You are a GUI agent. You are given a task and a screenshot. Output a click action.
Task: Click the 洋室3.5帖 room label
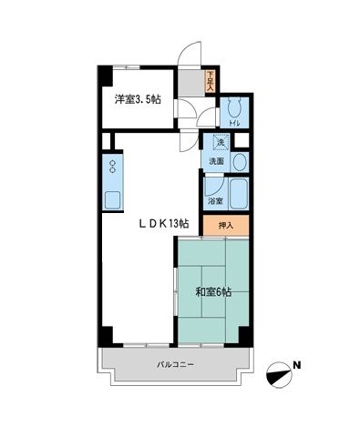[138, 99]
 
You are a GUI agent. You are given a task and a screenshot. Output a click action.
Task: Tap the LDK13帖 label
[163, 222]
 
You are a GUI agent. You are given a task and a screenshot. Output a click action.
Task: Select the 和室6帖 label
[212, 292]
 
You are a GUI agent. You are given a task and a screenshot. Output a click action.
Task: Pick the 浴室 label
[215, 199]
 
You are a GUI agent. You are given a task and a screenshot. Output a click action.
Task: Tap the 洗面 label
[215, 161]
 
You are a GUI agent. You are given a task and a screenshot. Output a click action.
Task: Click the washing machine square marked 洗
[220, 142]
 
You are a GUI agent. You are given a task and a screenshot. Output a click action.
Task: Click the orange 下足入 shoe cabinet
[210, 82]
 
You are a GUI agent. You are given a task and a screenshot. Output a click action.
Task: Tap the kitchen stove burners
[113, 167]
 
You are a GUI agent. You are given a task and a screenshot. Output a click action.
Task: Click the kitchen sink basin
[113, 199]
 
